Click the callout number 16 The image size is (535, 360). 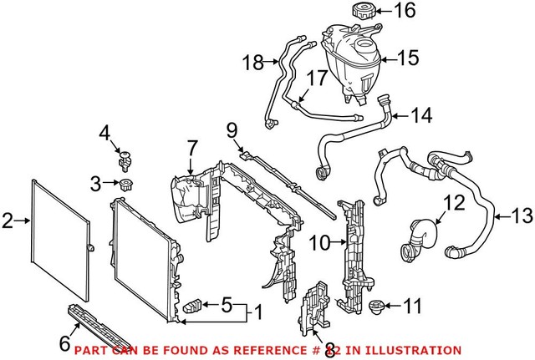coord(404,11)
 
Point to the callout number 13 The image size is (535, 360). coord(520,217)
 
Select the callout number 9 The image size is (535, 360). coord(232,129)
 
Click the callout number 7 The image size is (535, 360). coord(192,148)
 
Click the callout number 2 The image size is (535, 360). coord(8,221)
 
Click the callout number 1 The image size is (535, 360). coord(258,314)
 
